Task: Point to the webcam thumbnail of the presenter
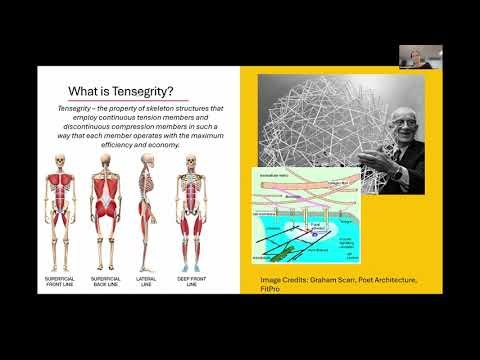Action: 410,57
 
